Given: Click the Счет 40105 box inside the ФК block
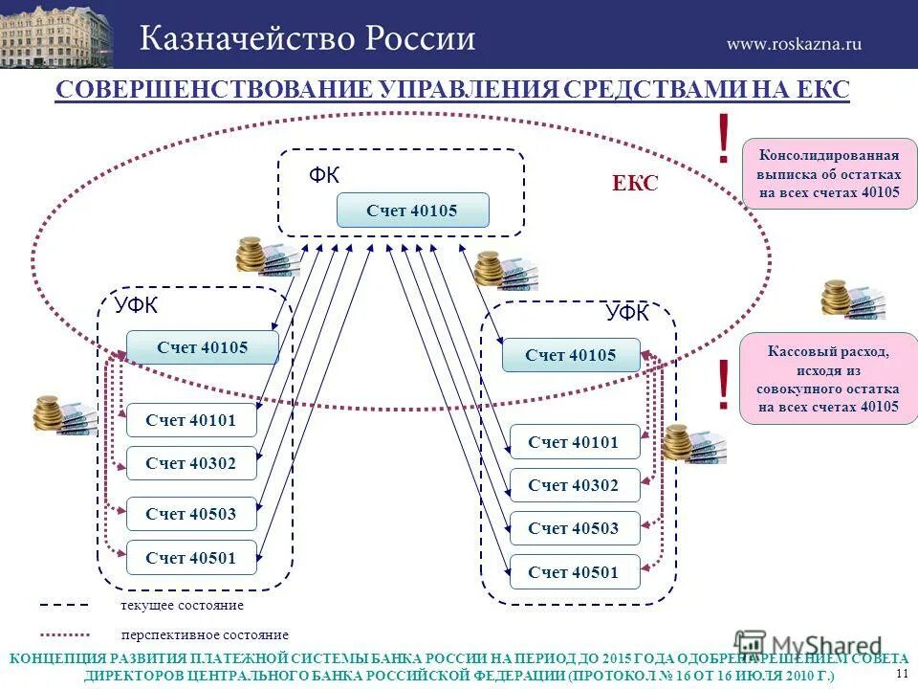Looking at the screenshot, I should pos(412,210).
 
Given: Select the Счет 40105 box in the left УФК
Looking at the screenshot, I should pos(202,347).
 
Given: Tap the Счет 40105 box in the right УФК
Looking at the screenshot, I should pos(571,355).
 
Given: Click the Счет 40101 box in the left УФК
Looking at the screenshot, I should pos(191,419).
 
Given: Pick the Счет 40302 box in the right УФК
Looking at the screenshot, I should pos(573,485).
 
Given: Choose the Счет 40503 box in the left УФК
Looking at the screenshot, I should pos(191,514).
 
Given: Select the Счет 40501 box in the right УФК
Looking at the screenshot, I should pos(573,572).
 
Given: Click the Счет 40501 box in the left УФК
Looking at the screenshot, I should pos(191,558).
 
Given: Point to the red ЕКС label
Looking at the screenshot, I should pos(635,184).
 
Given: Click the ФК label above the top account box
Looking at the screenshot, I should pos(324,175).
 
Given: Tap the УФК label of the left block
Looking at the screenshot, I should pos(137,306).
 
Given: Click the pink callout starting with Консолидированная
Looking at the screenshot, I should pos(829,173).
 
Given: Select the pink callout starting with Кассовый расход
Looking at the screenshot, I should pos(828,379).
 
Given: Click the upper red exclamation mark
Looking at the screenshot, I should pos(724,138).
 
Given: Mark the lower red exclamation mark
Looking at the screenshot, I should pos(724,385).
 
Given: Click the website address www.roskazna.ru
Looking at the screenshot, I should pos(794,43).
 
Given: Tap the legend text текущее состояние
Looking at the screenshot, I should pos(182,606).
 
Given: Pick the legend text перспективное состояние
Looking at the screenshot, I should pos(205,634).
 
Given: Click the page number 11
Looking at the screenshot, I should pos(902,674).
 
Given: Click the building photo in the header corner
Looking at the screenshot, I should pos(55,33).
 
